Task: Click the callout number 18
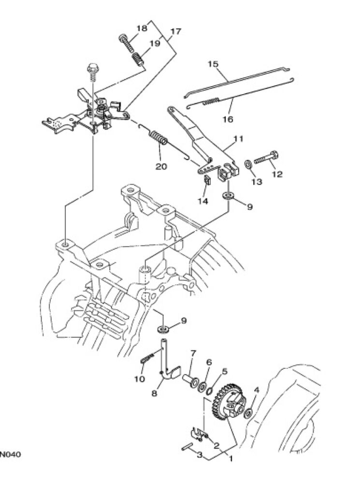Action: click(142, 28)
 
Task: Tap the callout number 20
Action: click(161, 166)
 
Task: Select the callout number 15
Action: click(213, 64)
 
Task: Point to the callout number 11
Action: click(239, 139)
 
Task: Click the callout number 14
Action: click(203, 201)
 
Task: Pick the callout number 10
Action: click(140, 379)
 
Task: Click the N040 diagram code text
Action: click(10, 454)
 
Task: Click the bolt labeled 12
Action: click(266, 157)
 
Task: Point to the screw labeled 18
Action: click(126, 43)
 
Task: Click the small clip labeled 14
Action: click(207, 180)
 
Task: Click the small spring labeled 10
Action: click(147, 358)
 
